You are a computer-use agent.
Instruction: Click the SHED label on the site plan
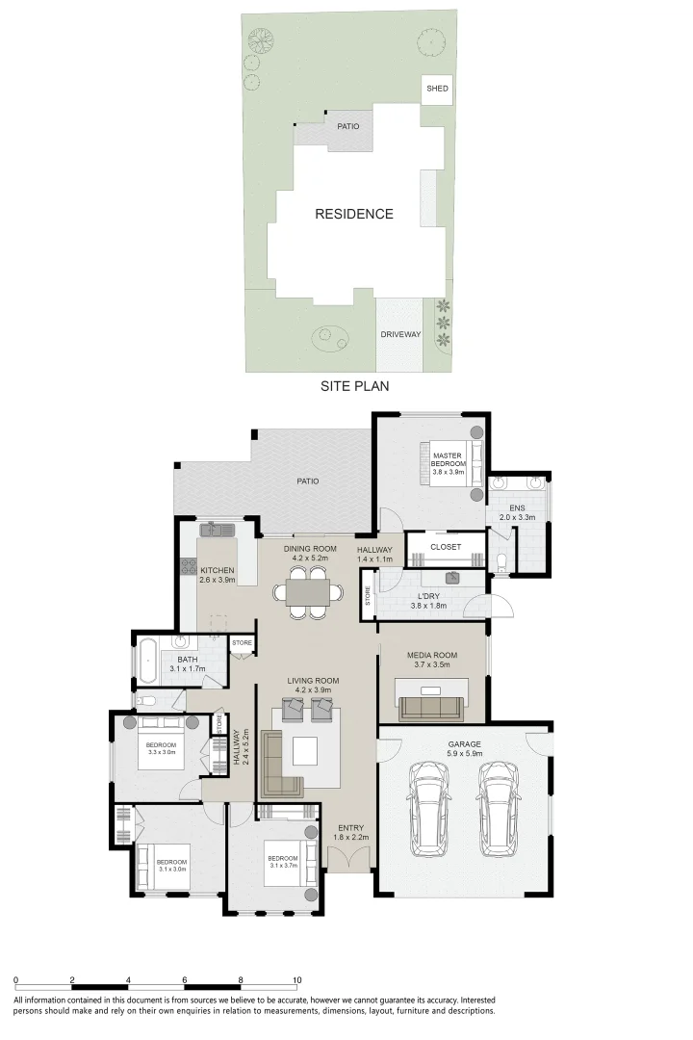click(437, 89)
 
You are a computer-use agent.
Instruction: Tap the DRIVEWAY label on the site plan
click(399, 334)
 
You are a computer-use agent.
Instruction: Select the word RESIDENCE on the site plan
click(354, 214)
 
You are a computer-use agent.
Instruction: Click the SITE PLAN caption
click(354, 385)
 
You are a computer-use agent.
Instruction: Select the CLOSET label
click(446, 547)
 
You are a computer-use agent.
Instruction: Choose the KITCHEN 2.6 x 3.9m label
click(218, 574)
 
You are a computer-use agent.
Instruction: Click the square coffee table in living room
click(305, 750)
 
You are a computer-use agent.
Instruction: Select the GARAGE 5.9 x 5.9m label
click(465, 748)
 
